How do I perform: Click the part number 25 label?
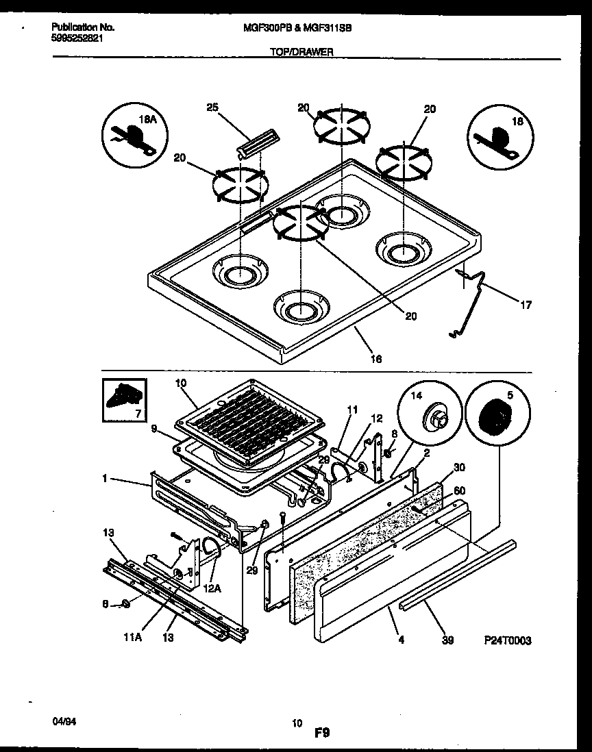point(212,108)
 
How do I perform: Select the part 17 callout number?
point(526,305)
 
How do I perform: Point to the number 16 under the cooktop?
point(375,358)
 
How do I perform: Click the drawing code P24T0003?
point(506,640)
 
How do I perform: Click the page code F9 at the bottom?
point(323,733)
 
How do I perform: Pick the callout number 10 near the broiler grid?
point(181,384)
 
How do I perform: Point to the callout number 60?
point(459,490)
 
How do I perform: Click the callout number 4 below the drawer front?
point(400,640)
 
